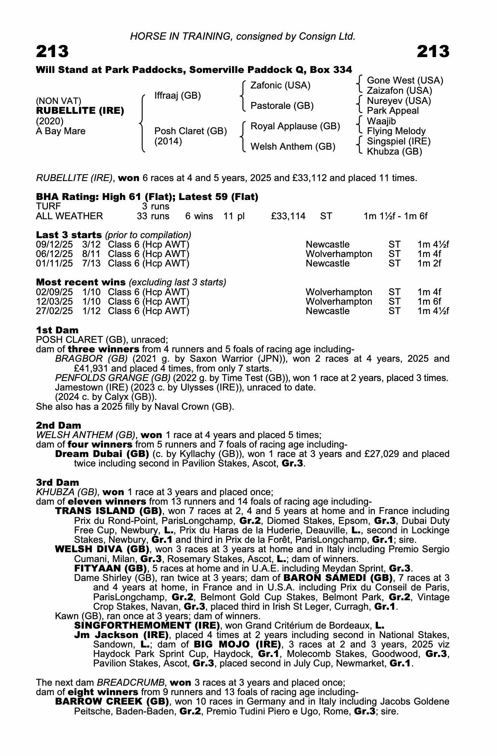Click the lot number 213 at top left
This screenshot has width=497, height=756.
(52, 51)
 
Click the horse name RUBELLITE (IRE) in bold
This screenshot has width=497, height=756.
(80, 111)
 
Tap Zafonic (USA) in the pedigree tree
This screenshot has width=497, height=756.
(280, 85)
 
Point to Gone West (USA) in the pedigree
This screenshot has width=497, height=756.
(405, 81)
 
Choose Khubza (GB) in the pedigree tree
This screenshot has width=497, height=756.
(394, 152)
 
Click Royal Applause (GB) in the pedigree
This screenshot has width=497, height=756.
(295, 126)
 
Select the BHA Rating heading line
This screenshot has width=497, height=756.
(147, 197)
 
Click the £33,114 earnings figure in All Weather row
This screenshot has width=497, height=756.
(288, 216)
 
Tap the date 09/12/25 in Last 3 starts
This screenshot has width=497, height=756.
(54, 245)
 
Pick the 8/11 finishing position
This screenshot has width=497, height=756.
(91, 254)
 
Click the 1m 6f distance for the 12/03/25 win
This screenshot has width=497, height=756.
(429, 302)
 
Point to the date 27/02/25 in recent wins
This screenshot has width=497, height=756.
(54, 311)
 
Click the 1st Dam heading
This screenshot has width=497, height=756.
(57, 330)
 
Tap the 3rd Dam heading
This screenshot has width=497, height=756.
(57, 482)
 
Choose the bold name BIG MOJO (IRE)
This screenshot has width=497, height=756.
(237, 644)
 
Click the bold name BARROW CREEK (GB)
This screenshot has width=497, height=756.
(112, 702)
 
